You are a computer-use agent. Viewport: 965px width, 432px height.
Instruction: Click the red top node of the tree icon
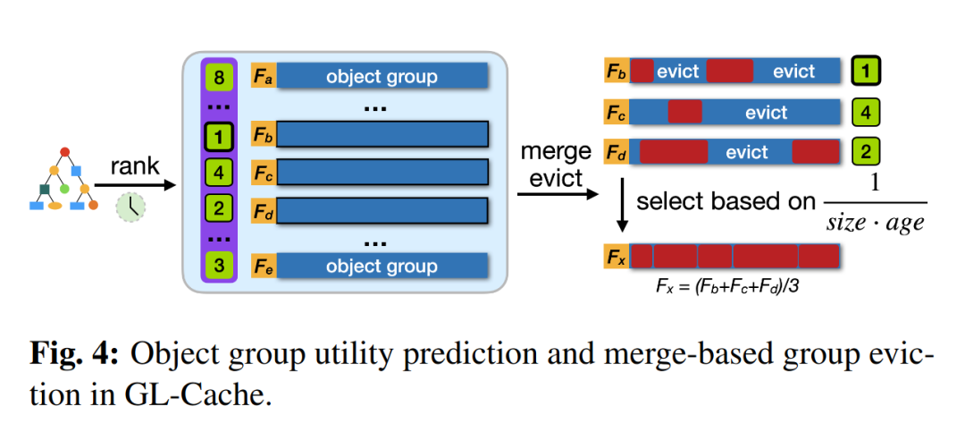click(65, 151)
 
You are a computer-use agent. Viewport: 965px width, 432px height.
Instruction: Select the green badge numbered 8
click(219, 78)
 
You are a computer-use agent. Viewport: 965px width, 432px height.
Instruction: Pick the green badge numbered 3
click(219, 266)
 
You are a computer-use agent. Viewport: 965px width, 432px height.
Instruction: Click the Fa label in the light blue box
click(264, 78)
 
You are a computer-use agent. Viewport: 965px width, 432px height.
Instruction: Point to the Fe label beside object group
click(264, 266)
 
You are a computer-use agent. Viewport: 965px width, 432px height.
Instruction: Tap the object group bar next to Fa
click(382, 78)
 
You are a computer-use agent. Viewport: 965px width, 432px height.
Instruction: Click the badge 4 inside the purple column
click(219, 172)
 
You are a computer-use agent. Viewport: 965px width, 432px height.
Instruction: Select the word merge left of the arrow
click(555, 150)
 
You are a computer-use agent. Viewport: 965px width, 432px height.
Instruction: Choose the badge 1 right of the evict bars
click(866, 72)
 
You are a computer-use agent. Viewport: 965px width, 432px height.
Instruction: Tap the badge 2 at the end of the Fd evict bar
click(866, 151)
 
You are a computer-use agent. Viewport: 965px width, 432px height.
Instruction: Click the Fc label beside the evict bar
click(617, 112)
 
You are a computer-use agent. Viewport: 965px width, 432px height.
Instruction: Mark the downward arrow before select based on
click(623, 205)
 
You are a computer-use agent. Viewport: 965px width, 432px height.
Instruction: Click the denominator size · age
click(875, 223)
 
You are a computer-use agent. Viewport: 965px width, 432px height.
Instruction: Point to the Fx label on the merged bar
click(617, 256)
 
